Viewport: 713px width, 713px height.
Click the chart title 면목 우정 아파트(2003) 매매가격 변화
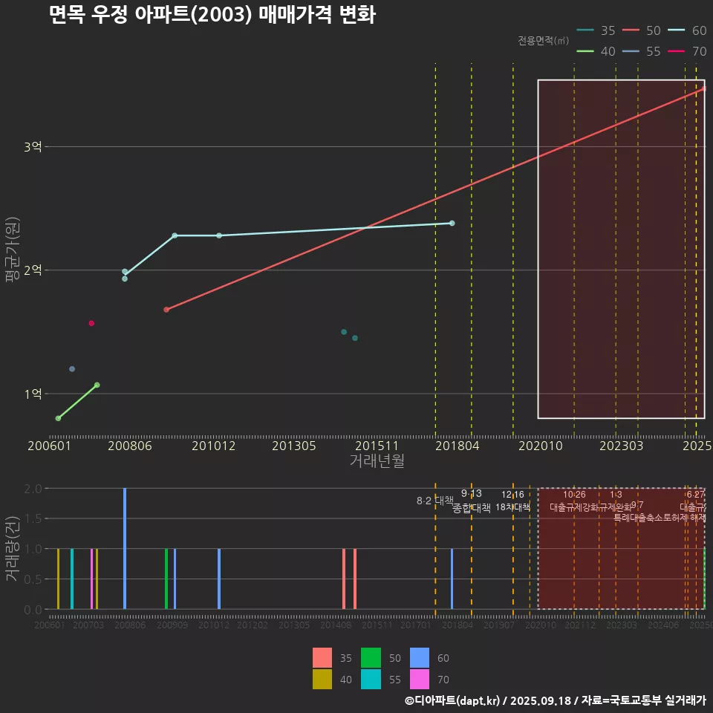212,15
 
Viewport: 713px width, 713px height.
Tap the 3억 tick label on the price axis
33,147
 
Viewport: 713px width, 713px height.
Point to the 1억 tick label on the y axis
33,394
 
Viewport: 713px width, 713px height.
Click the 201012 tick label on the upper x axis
213,446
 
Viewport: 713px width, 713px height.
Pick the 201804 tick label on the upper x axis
456,446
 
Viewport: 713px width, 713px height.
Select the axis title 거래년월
377,460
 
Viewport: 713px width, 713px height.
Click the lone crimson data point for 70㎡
91,323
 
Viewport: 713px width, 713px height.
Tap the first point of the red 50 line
166,310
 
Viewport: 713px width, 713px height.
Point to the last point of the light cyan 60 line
452,223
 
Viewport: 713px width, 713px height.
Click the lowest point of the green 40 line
58,419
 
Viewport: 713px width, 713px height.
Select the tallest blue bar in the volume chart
125,549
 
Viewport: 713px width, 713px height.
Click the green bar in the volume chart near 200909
166,579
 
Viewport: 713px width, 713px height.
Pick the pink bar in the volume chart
91,579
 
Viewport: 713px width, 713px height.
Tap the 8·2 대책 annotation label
435,501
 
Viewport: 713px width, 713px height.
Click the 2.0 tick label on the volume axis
32,489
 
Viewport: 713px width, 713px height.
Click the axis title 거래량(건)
13,549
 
